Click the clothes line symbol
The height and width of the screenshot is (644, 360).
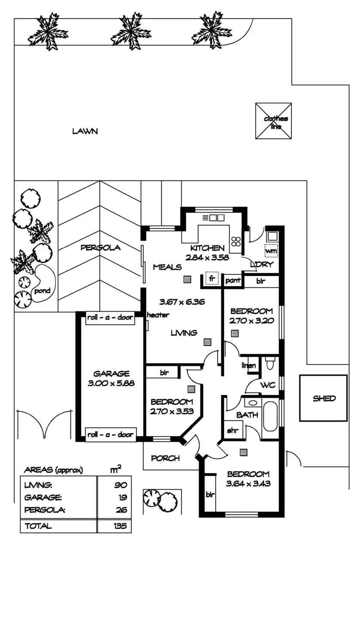tap(273, 121)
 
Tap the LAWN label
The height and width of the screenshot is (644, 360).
tap(85, 131)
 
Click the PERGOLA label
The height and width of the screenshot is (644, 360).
tap(101, 248)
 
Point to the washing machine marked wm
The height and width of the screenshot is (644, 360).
tap(271, 250)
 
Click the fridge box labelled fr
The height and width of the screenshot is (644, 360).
tap(211, 278)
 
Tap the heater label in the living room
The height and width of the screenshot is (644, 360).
tap(158, 315)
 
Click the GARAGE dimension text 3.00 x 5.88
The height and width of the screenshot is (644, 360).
tap(111, 383)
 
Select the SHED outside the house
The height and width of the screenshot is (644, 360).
tap(323, 398)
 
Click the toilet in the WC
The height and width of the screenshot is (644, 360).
tap(270, 363)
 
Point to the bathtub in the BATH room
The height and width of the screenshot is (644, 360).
tap(270, 416)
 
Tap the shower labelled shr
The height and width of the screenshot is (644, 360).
tap(232, 430)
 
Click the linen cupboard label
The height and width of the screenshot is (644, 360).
tap(249, 366)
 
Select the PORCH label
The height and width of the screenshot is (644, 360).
tap(165, 458)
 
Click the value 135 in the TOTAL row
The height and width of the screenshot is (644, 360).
tap(120, 526)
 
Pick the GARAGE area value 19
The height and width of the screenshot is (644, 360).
tap(123, 498)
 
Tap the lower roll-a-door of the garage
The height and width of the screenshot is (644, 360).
tap(111, 434)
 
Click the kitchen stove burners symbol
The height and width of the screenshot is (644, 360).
tap(236, 242)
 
